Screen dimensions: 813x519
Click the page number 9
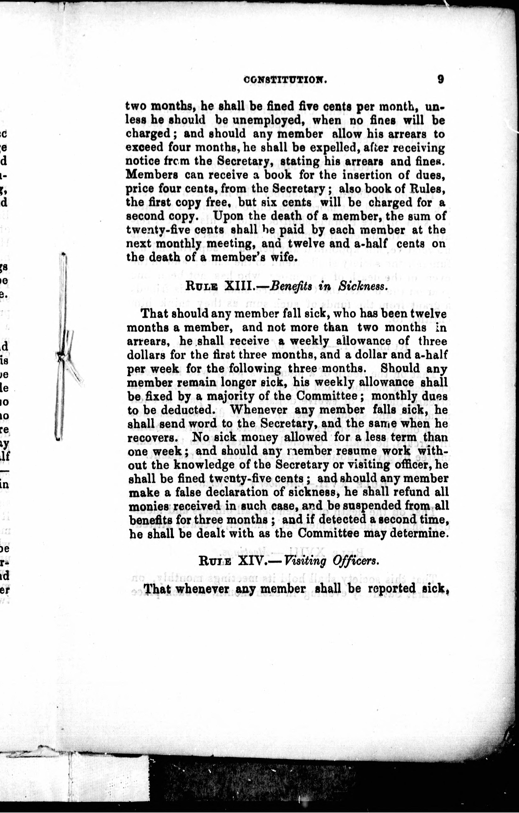tap(440, 79)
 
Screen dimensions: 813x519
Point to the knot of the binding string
tap(61, 355)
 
